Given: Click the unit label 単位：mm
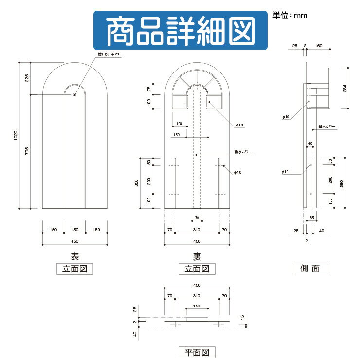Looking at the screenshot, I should (290, 16).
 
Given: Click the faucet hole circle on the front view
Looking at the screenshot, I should (74, 94).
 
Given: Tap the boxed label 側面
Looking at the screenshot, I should (310, 268).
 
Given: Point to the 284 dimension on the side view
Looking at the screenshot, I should (345, 88).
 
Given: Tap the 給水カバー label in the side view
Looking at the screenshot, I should (326, 127).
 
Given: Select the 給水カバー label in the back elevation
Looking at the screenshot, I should (242, 152).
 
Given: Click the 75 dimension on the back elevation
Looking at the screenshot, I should (149, 89).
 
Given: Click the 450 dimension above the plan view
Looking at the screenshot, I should (197, 285).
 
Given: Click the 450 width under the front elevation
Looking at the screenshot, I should (74, 241).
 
